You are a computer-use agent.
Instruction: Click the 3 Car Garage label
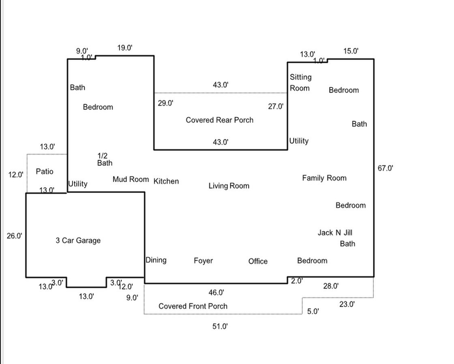point(78,240)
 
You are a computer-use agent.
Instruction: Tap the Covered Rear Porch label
point(219,120)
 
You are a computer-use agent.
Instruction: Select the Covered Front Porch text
point(193,306)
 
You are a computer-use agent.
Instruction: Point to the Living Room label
point(229,186)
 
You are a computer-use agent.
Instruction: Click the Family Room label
point(324,178)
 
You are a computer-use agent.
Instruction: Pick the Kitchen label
point(166,181)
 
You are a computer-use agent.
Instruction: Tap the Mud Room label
point(131,179)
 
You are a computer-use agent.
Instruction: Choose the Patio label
point(45,171)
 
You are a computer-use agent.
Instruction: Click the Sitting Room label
point(300,83)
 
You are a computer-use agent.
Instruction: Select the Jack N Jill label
point(335,233)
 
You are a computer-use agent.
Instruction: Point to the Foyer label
point(203,261)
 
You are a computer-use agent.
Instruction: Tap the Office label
point(258,261)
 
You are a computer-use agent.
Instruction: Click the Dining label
point(156,260)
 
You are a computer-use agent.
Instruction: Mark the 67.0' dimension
point(385,168)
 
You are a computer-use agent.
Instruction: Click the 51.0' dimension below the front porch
point(220,326)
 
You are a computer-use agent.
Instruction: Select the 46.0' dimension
point(216,292)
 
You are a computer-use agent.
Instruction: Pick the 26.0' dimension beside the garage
point(15,236)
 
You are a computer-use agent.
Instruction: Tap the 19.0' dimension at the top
point(125,48)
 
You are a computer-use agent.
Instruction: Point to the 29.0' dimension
point(165,103)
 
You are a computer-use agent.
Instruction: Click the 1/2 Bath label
point(105,159)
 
